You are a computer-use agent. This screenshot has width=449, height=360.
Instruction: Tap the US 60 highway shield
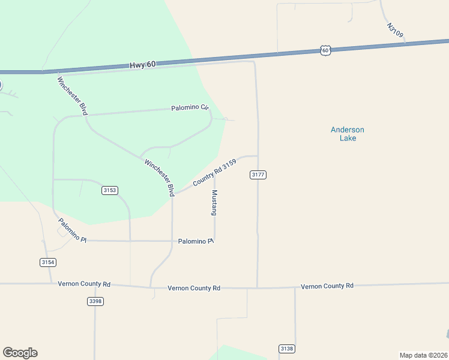[x=325, y=50]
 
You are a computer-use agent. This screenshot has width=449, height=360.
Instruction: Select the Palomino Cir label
[x=190, y=108]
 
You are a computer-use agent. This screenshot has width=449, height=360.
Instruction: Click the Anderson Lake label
[x=348, y=134]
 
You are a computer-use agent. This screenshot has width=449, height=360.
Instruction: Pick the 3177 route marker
[x=258, y=175]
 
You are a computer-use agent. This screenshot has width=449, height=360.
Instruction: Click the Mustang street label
[x=214, y=203]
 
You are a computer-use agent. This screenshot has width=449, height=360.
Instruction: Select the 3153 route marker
[x=110, y=190]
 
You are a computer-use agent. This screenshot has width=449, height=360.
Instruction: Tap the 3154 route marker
[x=48, y=262]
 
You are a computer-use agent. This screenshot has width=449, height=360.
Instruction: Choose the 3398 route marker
[x=95, y=301]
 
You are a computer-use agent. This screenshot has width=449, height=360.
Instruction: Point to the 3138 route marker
[x=287, y=349]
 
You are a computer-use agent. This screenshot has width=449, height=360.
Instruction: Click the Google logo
[x=20, y=353]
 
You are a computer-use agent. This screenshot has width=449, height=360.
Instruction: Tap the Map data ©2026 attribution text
[x=423, y=355]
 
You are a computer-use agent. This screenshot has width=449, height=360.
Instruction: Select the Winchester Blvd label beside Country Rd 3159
[x=159, y=177]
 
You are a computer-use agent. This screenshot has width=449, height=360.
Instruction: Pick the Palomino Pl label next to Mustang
[x=196, y=241]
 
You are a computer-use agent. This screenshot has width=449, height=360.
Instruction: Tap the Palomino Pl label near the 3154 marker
[x=72, y=230]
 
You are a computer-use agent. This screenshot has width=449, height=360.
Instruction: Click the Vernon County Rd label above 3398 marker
[x=85, y=284]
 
